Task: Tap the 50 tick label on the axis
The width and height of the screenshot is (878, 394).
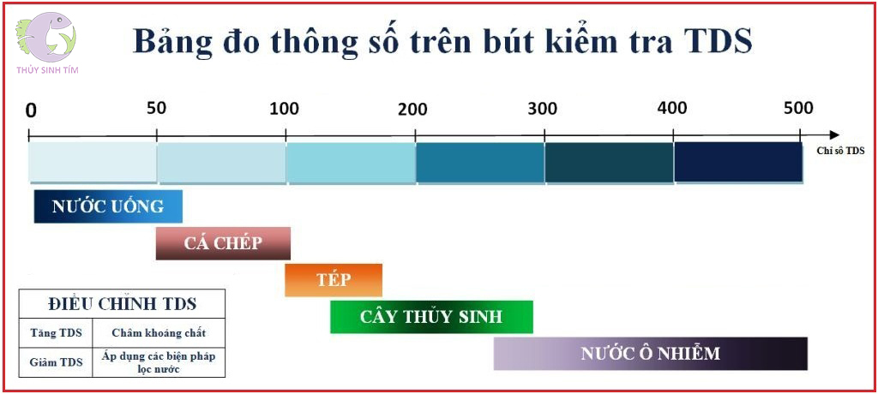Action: [x=156, y=108]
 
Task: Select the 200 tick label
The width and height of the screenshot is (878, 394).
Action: [x=412, y=109]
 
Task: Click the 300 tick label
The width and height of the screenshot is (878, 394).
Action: [x=542, y=109]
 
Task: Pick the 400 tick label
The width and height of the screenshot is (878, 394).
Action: [x=671, y=108]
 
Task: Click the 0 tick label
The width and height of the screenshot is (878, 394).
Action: [x=31, y=110]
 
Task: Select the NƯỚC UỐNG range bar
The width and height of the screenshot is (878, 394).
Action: [x=108, y=206]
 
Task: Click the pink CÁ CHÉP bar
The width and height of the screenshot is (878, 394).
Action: [x=223, y=243]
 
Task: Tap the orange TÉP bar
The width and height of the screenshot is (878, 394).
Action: [x=334, y=280]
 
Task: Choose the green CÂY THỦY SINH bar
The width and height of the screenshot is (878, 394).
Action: [x=431, y=317]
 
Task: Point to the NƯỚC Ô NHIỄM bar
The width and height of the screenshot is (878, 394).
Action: [x=650, y=353]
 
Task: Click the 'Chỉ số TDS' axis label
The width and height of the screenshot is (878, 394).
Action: [x=839, y=149]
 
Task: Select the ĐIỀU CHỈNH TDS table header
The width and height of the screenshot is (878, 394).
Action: [x=122, y=303]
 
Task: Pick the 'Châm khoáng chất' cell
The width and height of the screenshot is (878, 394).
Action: [x=159, y=332]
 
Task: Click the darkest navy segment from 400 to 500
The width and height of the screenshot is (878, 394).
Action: [x=738, y=162]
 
